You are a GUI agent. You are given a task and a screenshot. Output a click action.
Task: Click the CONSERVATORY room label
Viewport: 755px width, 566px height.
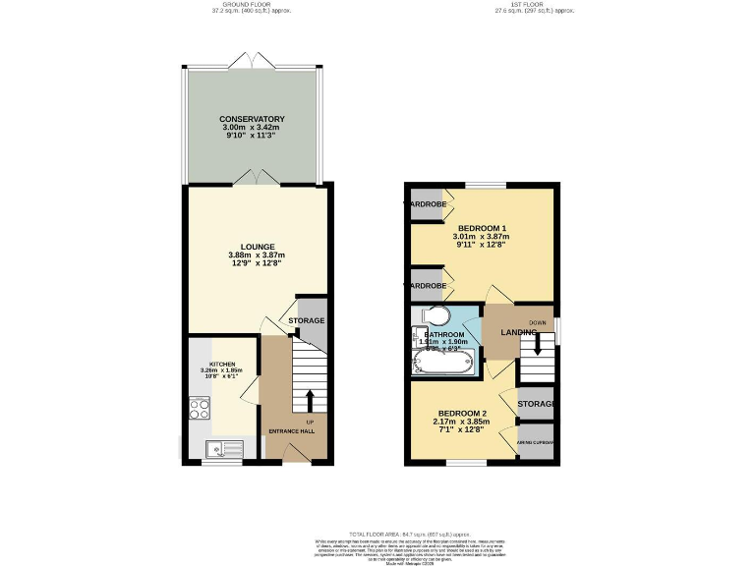(x=252, y=119)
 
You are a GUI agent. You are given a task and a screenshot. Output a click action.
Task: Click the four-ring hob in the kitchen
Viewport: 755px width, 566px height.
(x=200, y=407)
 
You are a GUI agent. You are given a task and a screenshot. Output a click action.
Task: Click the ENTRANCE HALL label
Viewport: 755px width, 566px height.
(x=291, y=431)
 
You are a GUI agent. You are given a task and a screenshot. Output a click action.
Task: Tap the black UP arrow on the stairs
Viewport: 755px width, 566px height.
(x=311, y=401)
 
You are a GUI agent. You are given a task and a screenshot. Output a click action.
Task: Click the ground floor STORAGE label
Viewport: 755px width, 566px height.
(x=306, y=321)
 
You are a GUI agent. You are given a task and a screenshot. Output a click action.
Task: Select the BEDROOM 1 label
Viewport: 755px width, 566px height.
(x=476, y=228)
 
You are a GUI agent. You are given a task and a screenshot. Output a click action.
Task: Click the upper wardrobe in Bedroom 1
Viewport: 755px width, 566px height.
(x=426, y=204)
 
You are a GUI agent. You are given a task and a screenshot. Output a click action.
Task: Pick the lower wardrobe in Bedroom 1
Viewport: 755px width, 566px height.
(x=426, y=285)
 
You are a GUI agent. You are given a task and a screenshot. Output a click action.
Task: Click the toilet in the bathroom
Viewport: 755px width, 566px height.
(x=435, y=315)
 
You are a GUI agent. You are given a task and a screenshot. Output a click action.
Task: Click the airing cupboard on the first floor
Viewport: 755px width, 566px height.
(x=536, y=442)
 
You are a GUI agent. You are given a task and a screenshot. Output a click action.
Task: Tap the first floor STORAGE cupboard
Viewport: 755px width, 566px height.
(x=536, y=404)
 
